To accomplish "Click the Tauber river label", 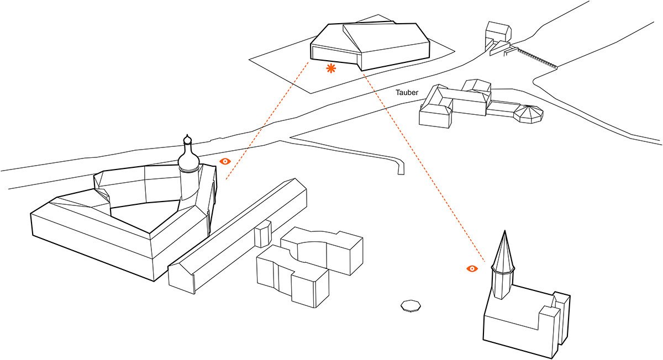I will [407, 93].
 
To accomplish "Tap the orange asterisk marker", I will [331, 68].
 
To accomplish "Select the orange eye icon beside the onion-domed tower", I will [225, 161].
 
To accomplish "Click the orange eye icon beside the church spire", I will [472, 268].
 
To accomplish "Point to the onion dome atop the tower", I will [188, 160].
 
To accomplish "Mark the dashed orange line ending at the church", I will [425, 166].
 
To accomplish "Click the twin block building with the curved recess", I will [309, 265].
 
